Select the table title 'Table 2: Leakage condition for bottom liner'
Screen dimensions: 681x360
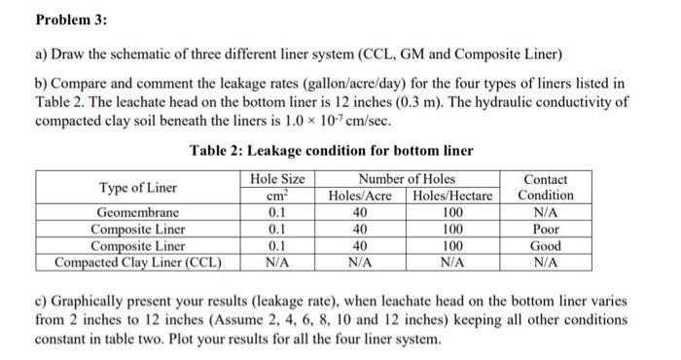(x=331, y=150)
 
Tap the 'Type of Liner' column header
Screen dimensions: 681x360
(x=138, y=187)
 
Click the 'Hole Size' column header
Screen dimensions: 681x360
(x=277, y=179)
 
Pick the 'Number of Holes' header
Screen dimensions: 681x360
(x=407, y=179)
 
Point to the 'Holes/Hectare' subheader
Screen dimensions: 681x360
(x=452, y=196)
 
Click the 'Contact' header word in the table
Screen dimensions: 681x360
(x=546, y=180)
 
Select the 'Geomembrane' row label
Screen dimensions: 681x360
(x=137, y=213)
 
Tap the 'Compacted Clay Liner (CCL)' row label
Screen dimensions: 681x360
(x=137, y=262)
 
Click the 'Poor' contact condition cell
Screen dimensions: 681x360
(x=546, y=230)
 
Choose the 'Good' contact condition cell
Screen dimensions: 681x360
(x=546, y=246)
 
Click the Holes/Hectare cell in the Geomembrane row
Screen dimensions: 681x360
(x=452, y=213)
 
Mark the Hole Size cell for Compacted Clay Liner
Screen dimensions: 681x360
(x=277, y=262)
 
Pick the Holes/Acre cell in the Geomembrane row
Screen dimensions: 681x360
(x=361, y=213)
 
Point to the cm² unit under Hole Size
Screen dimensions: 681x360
(x=277, y=196)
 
